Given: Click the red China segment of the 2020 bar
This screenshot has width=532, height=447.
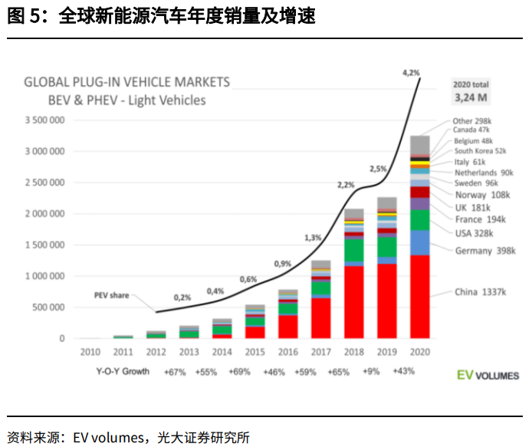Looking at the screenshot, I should click(x=419, y=296).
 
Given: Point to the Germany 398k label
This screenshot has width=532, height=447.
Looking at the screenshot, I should click(x=485, y=251).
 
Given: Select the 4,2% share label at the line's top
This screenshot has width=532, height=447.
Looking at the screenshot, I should click(x=411, y=72).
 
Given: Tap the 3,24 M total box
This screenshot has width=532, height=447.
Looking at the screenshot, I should click(x=471, y=98).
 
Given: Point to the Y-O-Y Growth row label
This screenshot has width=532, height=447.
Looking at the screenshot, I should click(x=122, y=371).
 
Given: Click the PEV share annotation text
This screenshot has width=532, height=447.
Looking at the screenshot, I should click(x=112, y=294).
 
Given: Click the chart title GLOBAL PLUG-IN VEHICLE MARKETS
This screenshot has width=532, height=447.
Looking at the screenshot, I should click(x=127, y=81).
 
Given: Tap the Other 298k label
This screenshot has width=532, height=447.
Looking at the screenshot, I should click(x=472, y=121).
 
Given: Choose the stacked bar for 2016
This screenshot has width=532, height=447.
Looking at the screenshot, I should click(x=288, y=314).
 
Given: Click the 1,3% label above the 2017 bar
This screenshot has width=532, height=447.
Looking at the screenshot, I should click(x=313, y=238).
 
